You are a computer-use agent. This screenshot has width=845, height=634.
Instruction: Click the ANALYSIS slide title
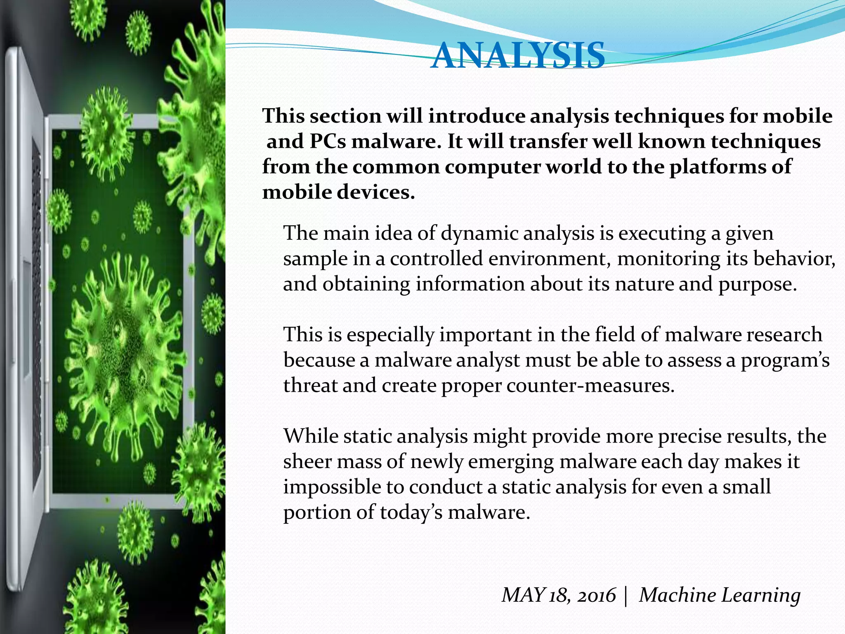517,56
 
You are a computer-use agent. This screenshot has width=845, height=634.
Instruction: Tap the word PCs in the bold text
328,142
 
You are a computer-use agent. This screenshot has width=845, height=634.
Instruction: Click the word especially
390,335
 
